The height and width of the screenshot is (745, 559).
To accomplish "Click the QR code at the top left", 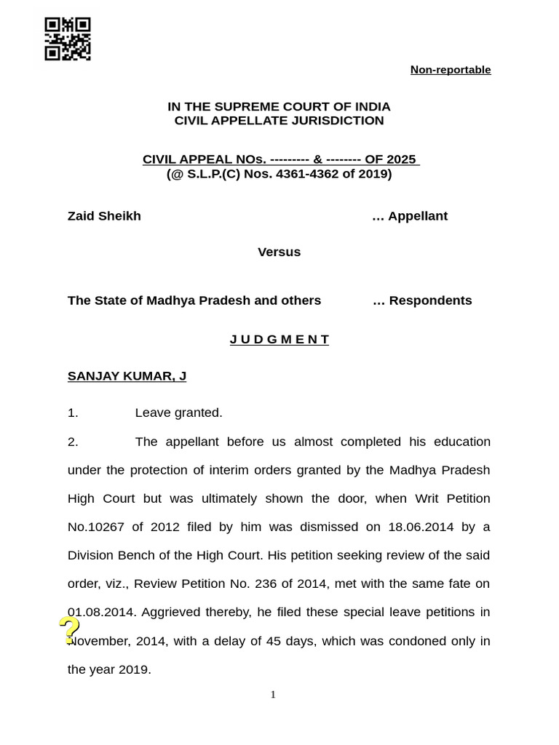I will click(68, 39).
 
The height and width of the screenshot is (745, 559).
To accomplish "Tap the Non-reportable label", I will click(450, 70).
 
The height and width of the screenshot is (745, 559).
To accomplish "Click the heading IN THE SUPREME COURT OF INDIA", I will click(279, 107).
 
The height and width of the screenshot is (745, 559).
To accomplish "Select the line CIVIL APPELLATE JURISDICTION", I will click(279, 121).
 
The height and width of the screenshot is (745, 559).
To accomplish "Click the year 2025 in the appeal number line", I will click(401, 159).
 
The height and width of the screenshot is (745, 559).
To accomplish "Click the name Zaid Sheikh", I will click(104, 216).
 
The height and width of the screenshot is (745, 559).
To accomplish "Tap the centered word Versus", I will click(279, 252).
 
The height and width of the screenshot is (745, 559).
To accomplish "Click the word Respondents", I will click(430, 300).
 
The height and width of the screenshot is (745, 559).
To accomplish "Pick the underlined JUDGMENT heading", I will click(279, 340).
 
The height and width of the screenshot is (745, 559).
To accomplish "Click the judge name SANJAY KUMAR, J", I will click(127, 376).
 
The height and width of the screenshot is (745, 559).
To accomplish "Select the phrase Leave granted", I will click(178, 413).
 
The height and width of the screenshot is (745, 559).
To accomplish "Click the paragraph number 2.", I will click(72, 442).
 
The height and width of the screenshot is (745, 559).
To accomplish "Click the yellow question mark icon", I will click(69, 630).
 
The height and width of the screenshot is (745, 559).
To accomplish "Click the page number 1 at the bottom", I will click(273, 695).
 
